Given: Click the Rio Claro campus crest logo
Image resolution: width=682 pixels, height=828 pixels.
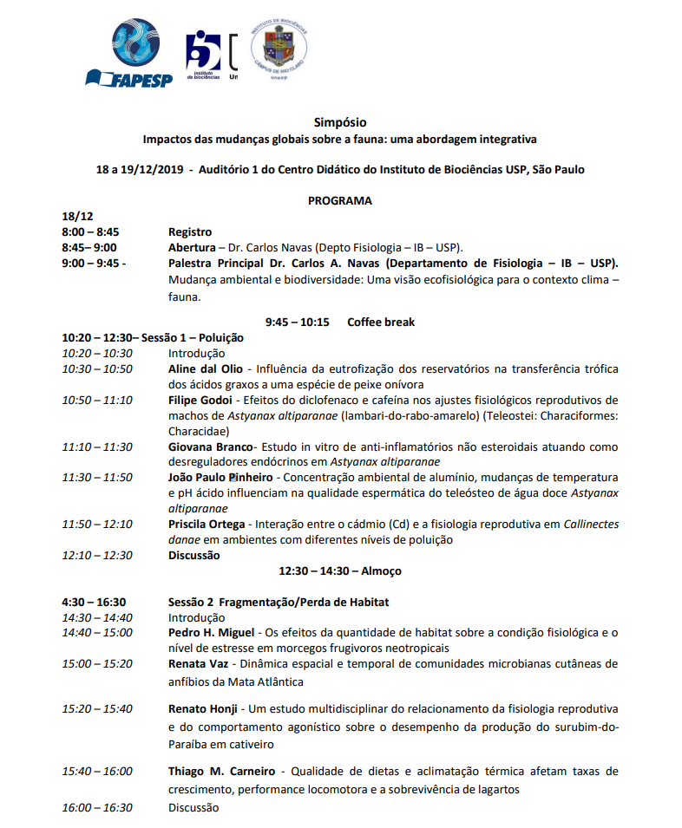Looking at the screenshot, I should pos(278,49).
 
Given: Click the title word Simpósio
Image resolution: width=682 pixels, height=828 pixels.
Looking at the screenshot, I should pos(340,122).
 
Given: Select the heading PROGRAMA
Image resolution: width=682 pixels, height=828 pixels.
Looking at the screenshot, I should pos(340,200).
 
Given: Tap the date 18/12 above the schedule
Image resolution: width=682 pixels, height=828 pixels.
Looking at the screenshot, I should pos(77,217).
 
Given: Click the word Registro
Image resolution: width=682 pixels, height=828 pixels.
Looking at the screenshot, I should pos(190,231).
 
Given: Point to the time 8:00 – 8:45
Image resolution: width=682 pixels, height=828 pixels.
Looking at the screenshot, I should pos(90,231).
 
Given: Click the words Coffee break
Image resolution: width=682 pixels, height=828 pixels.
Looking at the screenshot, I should pos(381,322).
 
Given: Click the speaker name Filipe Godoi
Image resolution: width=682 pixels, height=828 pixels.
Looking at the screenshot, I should pos(200,400).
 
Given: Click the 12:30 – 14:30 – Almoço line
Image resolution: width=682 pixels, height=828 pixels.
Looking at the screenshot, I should pos(340,571).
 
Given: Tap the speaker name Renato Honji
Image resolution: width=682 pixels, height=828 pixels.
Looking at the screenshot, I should pos(202,708).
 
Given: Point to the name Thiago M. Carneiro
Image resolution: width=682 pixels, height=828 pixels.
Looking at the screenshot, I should pos(221,771).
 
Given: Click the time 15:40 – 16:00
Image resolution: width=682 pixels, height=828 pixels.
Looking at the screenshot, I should pos(97,771).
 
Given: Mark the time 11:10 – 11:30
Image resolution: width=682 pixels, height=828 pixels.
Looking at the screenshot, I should pos(97,447).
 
